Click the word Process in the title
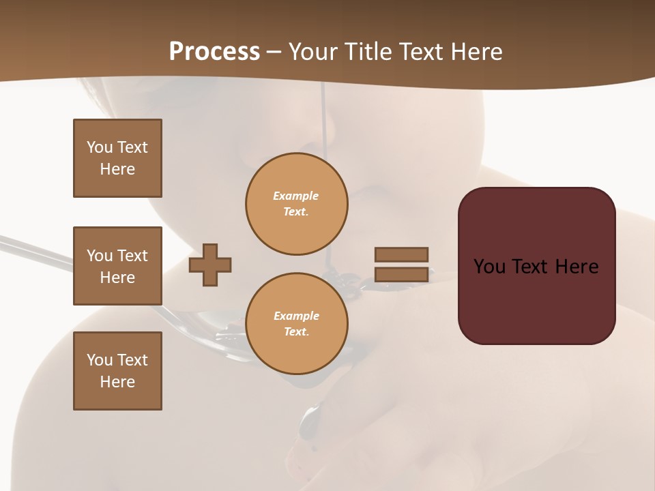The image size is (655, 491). coord(214,52)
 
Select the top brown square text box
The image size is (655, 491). coord(117,158)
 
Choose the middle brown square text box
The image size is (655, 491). coord(117,266)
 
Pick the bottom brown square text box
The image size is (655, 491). coord(117,371)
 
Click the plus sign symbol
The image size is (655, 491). coord(210,265)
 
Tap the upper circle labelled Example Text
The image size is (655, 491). coord(297,204)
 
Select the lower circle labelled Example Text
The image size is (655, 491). coord(297,324)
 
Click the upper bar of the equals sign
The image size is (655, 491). coord(401,254)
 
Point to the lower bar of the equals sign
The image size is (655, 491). coord(401,274)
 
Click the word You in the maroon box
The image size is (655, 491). coord(489,267)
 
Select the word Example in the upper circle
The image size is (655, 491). coord(295,196)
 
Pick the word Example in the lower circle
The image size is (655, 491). coord(296,316)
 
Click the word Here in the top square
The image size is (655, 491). coord(117,169)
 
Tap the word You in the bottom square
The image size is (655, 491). coord(100,360)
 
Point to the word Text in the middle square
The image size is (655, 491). coord(132,256)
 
